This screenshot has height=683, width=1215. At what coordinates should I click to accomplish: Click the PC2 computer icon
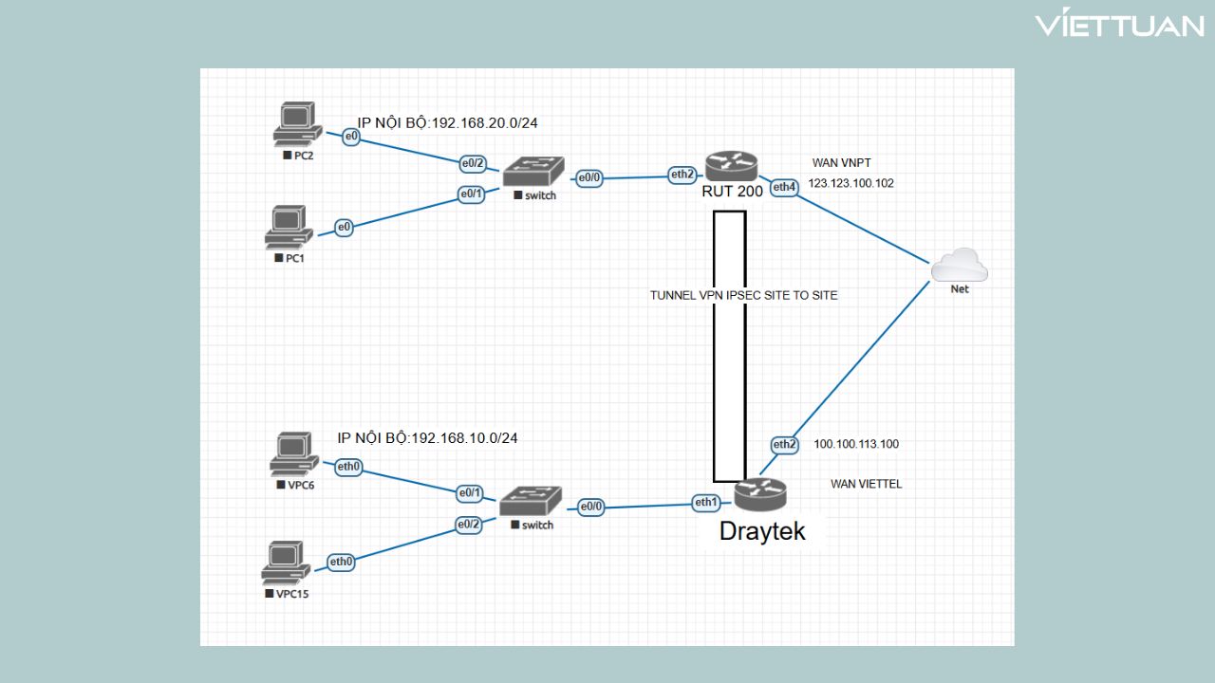(x=294, y=123)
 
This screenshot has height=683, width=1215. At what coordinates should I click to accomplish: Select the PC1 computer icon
(x=288, y=226)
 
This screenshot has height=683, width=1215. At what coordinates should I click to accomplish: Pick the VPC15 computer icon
(x=285, y=563)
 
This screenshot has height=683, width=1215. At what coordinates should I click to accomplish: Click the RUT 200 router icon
(x=732, y=167)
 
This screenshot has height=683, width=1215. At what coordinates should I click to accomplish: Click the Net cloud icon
(x=960, y=266)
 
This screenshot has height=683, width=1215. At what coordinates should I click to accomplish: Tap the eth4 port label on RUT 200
(x=784, y=188)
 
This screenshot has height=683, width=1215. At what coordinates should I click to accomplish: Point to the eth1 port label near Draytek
(x=705, y=503)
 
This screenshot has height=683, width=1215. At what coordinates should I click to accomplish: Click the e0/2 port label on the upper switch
(x=473, y=163)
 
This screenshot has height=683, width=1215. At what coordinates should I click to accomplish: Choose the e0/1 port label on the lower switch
(x=470, y=493)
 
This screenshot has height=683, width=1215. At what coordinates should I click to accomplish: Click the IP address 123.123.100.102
(x=850, y=183)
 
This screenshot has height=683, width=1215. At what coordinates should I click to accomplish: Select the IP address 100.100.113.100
(x=856, y=444)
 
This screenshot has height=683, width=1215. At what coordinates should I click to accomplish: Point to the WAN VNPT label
(x=841, y=163)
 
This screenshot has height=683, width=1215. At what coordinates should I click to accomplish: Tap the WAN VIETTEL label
(x=866, y=484)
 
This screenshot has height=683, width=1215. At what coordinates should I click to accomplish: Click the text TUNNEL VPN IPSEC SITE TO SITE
(x=743, y=295)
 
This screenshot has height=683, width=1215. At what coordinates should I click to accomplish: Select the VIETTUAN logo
(x=1118, y=26)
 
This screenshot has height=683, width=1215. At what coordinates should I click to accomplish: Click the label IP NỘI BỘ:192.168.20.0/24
(x=448, y=121)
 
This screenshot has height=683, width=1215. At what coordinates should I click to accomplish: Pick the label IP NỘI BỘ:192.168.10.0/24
(x=428, y=438)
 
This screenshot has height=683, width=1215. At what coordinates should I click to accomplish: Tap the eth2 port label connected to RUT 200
(x=682, y=175)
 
